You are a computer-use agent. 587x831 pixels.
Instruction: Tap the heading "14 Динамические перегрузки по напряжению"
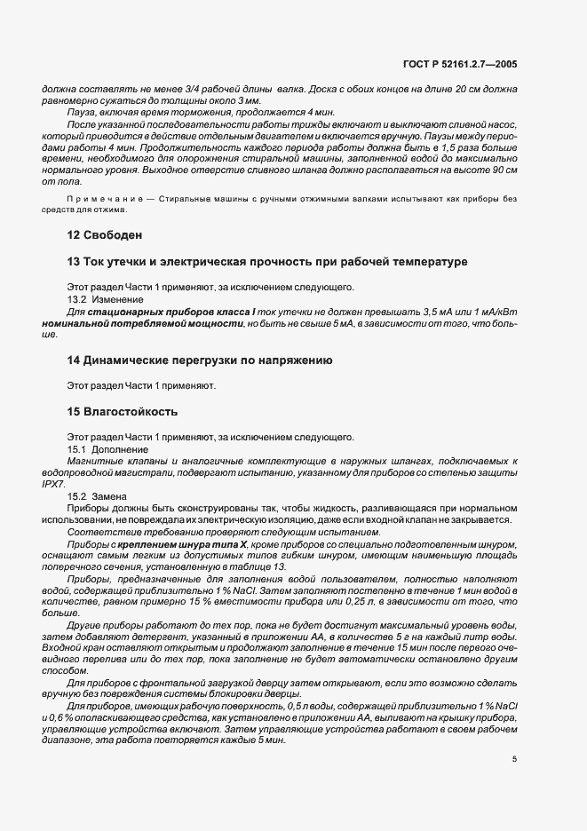(x=200, y=360)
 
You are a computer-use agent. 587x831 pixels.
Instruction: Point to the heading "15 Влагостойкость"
(x=123, y=411)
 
